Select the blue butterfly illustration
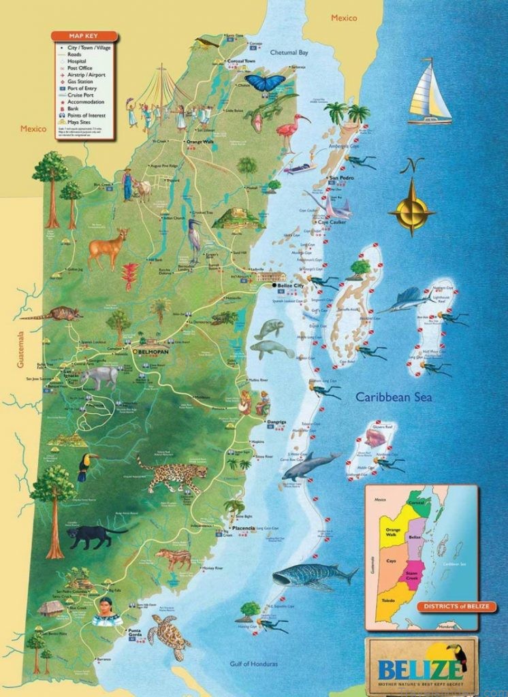tap(265, 83)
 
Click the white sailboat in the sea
tap(430, 93)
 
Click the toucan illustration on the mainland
tap(86, 465)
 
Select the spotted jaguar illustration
tap(172, 472)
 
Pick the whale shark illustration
tap(314, 576)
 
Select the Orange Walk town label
tap(200, 142)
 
